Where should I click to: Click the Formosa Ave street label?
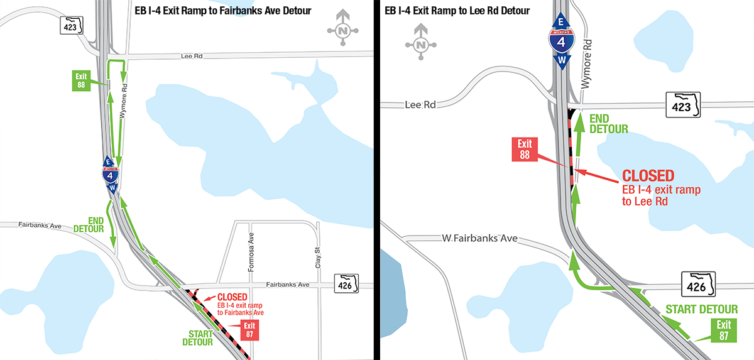coord(250,248)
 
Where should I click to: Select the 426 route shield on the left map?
coord(346,283)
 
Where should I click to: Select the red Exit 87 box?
coord(249,330)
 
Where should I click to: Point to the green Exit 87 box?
coord(724,329)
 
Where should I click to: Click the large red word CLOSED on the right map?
coord(648,175)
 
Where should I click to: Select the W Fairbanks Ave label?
coord(479,238)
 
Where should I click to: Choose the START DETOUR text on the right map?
coord(701,309)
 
